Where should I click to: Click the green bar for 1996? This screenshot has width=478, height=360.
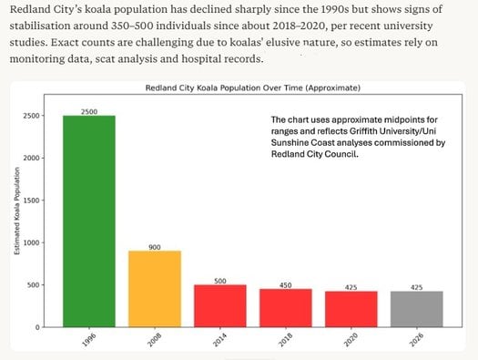pos(89,221)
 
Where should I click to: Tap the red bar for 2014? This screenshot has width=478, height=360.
pos(220,305)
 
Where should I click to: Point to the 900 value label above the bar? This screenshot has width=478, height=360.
pos(155,246)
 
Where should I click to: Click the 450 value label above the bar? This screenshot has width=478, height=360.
pos(286,283)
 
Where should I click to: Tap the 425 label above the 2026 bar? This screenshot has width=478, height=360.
pos(417,286)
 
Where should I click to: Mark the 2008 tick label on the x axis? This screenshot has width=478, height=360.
pos(155,345)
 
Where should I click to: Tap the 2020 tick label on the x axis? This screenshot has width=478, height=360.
pos(351,345)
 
